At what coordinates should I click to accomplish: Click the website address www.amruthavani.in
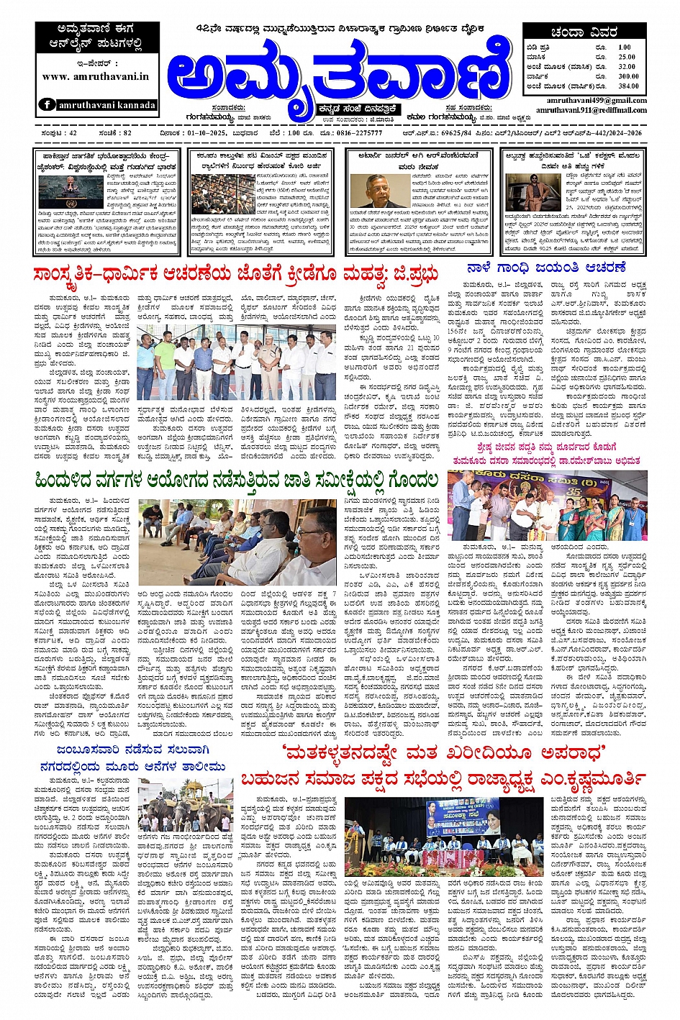(x=96, y=76)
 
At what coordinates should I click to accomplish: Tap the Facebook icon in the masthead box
(x=47, y=104)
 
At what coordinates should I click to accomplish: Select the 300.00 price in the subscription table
(x=627, y=76)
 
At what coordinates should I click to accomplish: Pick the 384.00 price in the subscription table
(x=627, y=86)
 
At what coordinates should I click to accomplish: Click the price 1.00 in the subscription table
(x=624, y=47)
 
